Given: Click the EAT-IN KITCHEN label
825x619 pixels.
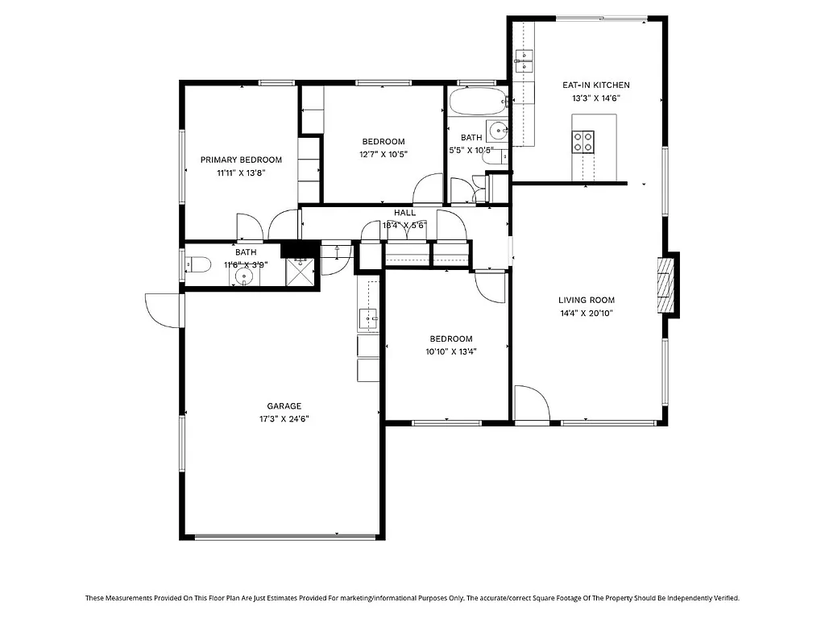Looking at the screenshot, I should pyautogui.click(x=595, y=85).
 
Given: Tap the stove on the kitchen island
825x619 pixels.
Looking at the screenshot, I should pyautogui.click(x=583, y=142).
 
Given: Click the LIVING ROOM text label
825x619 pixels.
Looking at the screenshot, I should pyautogui.click(x=586, y=301).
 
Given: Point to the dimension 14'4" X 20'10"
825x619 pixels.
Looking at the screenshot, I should pyautogui.click(x=586, y=314).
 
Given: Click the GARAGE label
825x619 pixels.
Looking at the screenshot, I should pyautogui.click(x=284, y=406).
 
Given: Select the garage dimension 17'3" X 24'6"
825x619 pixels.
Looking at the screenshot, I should pyautogui.click(x=284, y=419).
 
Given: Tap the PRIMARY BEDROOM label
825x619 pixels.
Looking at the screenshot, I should pyautogui.click(x=241, y=160).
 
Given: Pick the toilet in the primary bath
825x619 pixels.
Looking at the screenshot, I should pyautogui.click(x=196, y=264).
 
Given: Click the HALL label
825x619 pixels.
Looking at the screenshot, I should pyautogui.click(x=404, y=213).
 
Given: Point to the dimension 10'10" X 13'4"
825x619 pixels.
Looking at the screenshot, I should pyautogui.click(x=450, y=351).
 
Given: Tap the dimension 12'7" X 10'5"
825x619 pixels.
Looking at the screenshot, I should pyautogui.click(x=383, y=154).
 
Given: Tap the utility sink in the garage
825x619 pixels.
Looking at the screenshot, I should pyautogui.click(x=367, y=318).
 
